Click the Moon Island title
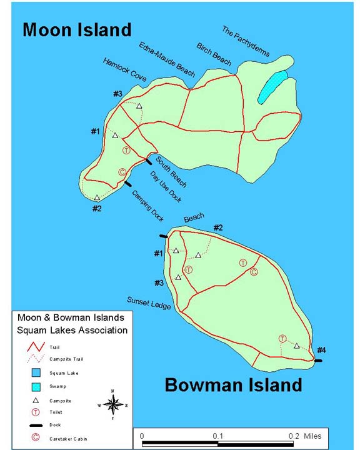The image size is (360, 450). click(x=77, y=29)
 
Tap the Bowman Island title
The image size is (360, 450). click(x=233, y=385)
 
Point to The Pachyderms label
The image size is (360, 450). click(x=246, y=41)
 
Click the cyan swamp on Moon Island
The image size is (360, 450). click(x=272, y=86)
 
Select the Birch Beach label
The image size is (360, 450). click(x=214, y=54)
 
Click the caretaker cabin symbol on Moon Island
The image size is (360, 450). click(x=122, y=172)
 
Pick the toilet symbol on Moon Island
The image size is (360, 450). click(x=126, y=150)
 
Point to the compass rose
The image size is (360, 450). click(x=112, y=404)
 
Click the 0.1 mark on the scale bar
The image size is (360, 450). click(x=217, y=436)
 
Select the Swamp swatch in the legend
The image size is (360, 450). click(x=36, y=386)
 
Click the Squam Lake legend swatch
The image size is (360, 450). click(x=36, y=373)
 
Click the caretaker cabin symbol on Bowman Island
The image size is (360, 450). click(x=254, y=272)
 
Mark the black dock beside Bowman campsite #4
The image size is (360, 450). click(x=318, y=361)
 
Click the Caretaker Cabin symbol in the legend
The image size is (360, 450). click(x=36, y=437)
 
